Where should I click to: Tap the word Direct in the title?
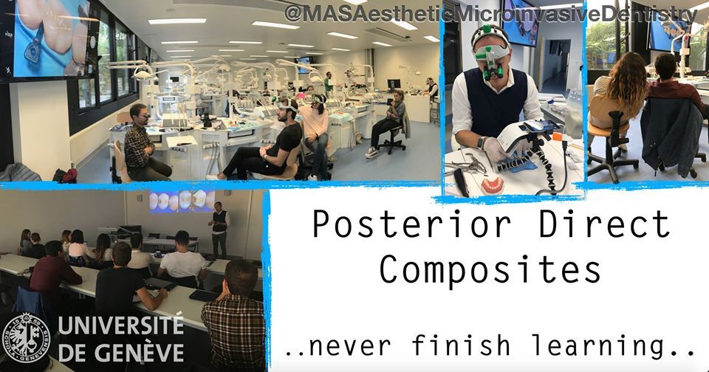click(604, 224)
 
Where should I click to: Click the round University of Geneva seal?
click(26, 337)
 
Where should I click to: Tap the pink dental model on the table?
click(493, 184)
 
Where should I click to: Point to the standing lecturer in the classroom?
click(220, 228)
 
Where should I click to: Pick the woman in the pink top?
click(315, 131)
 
